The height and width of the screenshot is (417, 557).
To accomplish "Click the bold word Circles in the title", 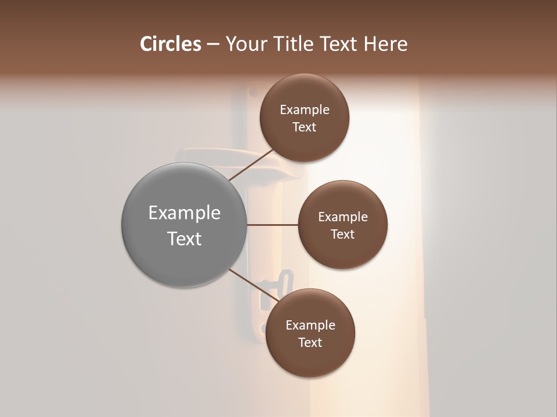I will coord(171,44).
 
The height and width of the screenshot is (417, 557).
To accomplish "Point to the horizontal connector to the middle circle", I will coord(272,225).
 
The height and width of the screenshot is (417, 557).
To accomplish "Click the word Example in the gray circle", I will coord(184,213).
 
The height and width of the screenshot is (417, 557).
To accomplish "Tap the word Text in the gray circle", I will coord(184,239).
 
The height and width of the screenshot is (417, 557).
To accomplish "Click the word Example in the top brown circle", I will coord(304,110).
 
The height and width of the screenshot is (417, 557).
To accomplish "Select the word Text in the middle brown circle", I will coord(342,235).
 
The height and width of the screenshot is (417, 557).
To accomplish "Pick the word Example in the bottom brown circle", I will coord(310,325).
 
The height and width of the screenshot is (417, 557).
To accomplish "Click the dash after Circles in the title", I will coord(212,45).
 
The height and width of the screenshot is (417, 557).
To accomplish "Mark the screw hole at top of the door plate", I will coord(252,92).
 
